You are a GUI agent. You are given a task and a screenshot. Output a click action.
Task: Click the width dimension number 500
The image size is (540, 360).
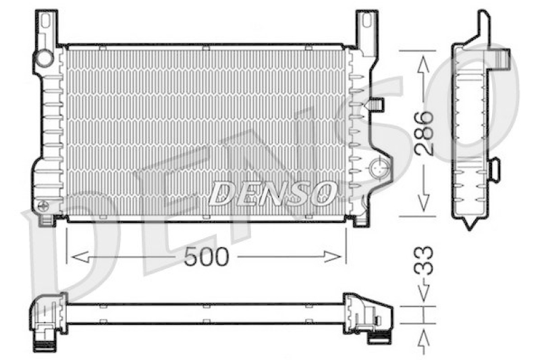(x=207, y=256)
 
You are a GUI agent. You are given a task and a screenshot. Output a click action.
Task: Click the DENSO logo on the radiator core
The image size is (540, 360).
(x=271, y=194)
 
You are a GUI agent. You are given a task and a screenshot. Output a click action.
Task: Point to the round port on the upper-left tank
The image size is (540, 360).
(x=45, y=58)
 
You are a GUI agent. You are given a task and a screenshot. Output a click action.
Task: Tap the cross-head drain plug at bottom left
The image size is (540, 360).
(x=44, y=205)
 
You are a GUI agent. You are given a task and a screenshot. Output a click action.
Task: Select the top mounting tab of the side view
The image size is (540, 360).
(x=483, y=24)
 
